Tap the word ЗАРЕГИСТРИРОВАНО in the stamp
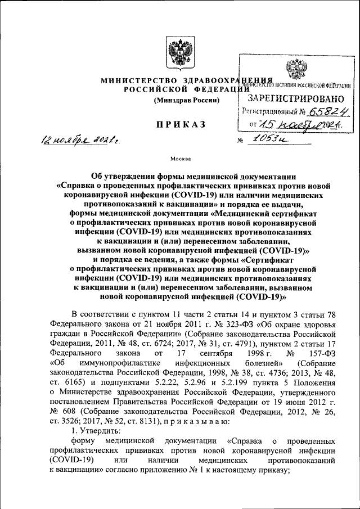click(296, 98)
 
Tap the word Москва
click(180, 159)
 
